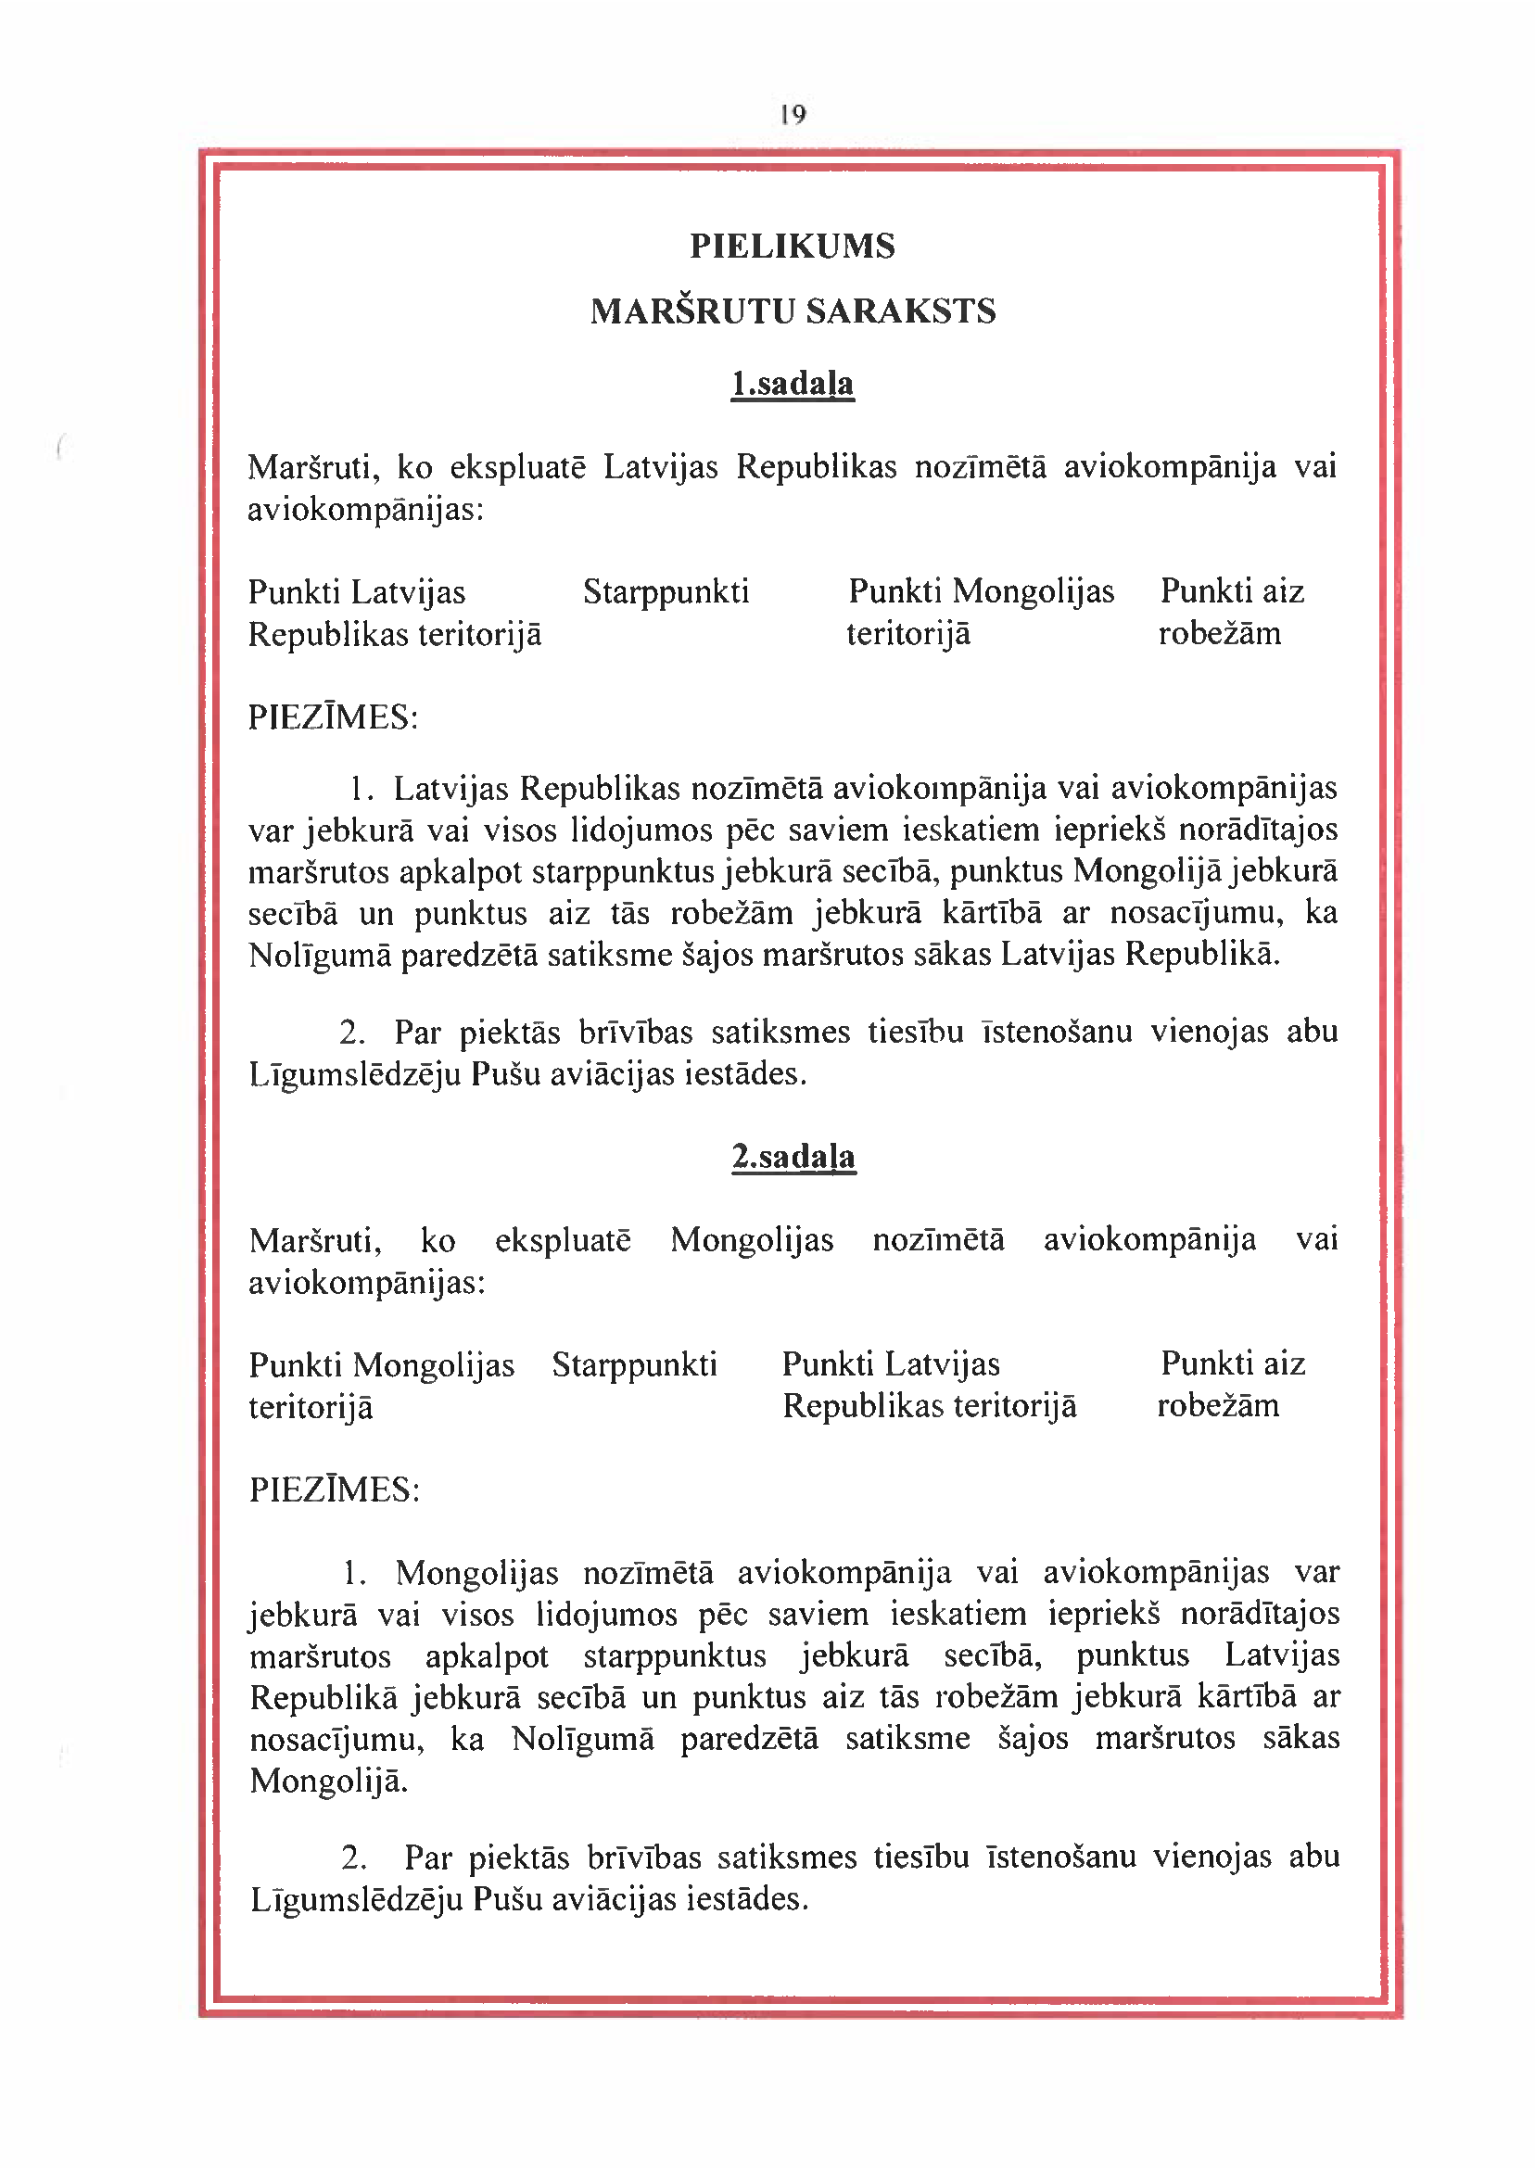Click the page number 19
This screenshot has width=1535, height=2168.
[793, 115]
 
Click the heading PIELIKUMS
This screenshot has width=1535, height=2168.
[793, 247]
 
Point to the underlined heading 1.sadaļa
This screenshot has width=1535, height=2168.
[793, 384]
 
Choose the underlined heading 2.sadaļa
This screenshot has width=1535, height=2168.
[793, 1157]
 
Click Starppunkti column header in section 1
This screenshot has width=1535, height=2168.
[666, 592]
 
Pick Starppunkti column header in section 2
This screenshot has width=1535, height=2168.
[634, 1364]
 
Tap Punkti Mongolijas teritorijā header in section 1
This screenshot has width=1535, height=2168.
[980, 613]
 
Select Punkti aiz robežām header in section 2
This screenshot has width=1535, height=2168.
[1231, 1385]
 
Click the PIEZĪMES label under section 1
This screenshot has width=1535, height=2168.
[333, 718]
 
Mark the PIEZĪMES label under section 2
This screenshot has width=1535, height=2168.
[334, 1490]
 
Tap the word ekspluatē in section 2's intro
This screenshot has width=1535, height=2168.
[563, 1240]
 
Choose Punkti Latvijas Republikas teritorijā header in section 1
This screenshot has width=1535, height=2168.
[394, 614]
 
